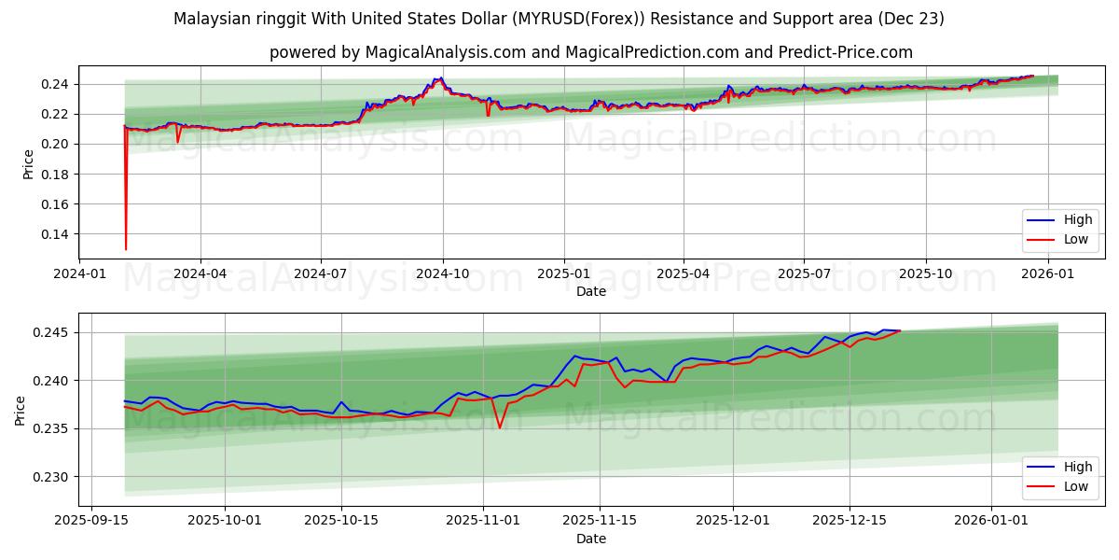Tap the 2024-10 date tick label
(x=442, y=274)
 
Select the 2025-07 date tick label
(x=804, y=274)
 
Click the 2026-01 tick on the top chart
(x=1048, y=274)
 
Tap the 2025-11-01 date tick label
(x=483, y=518)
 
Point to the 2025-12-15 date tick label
(x=849, y=518)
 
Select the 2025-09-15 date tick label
(x=90, y=518)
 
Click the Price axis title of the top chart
(x=28, y=164)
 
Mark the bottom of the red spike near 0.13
(x=126, y=249)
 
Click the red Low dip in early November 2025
(x=500, y=427)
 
